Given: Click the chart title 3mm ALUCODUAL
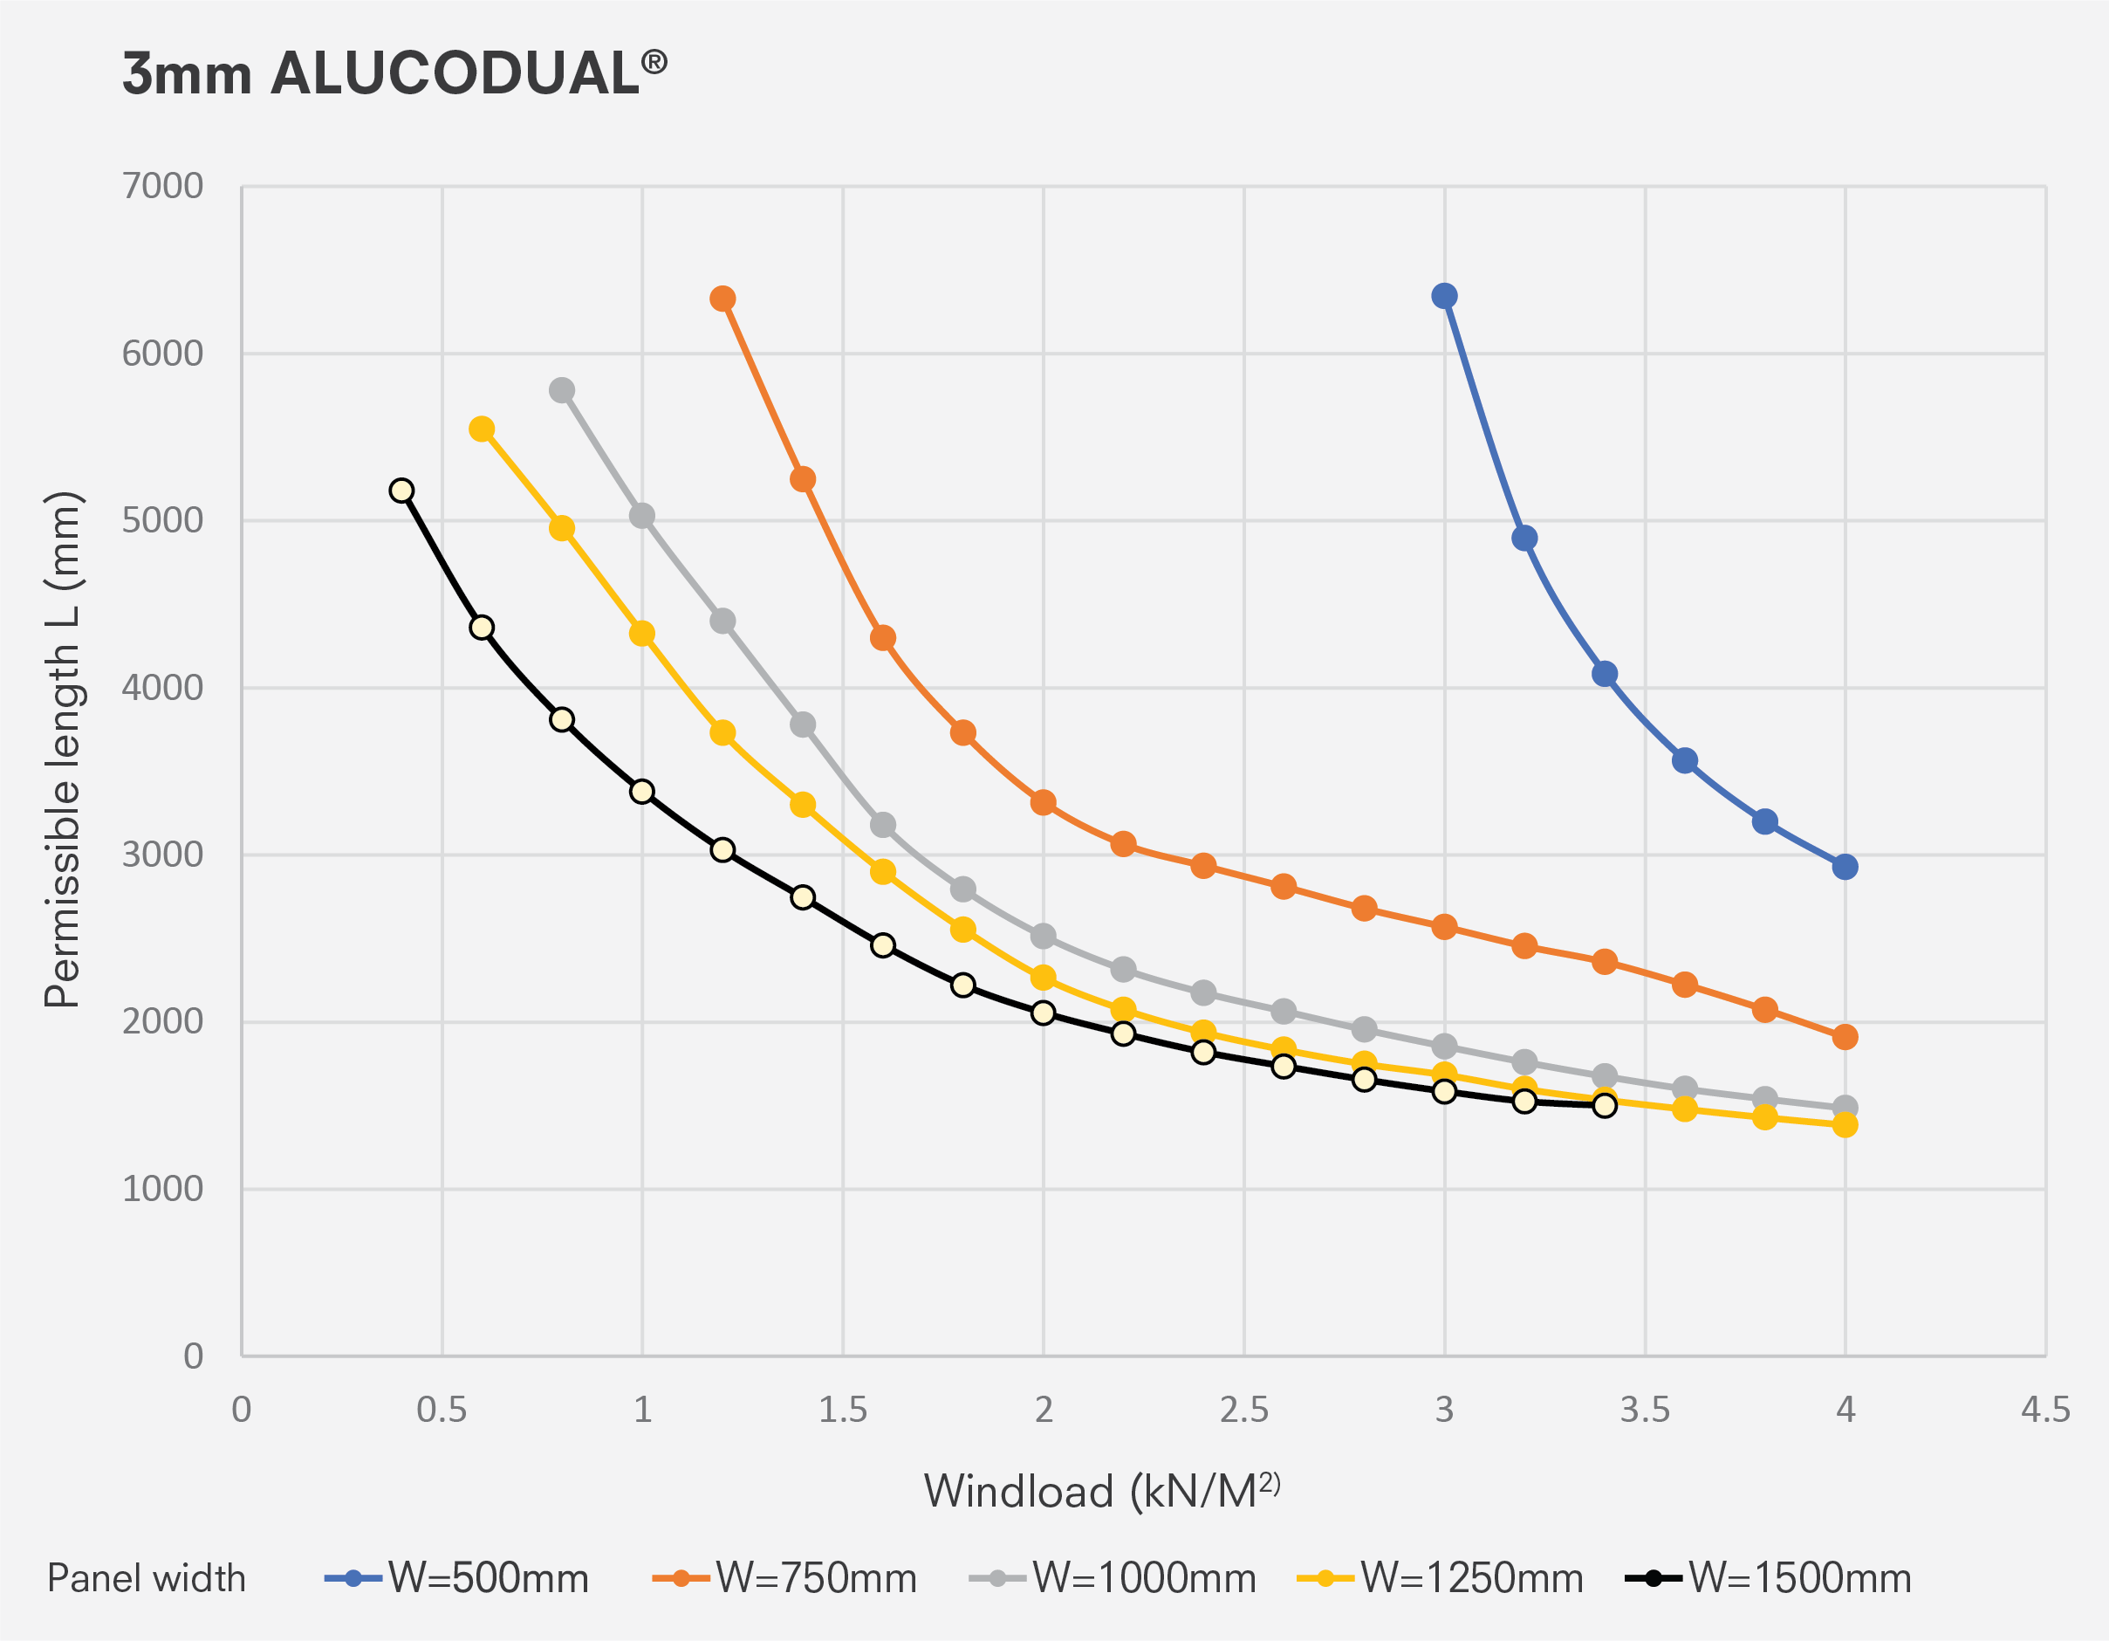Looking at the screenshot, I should [x=394, y=74].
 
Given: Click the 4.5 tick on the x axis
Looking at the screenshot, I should [x=2045, y=1411].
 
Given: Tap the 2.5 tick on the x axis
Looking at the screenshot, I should [x=1243, y=1411].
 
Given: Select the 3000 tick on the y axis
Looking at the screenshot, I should [x=162, y=855].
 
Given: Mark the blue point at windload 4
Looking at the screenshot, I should [x=1845, y=867].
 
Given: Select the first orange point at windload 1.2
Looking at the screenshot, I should [x=722, y=299].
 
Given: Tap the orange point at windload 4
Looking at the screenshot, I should [x=1845, y=1037].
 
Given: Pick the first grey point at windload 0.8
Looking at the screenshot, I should [x=562, y=390].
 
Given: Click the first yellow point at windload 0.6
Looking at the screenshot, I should [x=482, y=429].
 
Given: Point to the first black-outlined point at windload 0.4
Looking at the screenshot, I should [x=401, y=491].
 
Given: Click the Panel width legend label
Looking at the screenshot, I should [x=147, y=1578].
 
